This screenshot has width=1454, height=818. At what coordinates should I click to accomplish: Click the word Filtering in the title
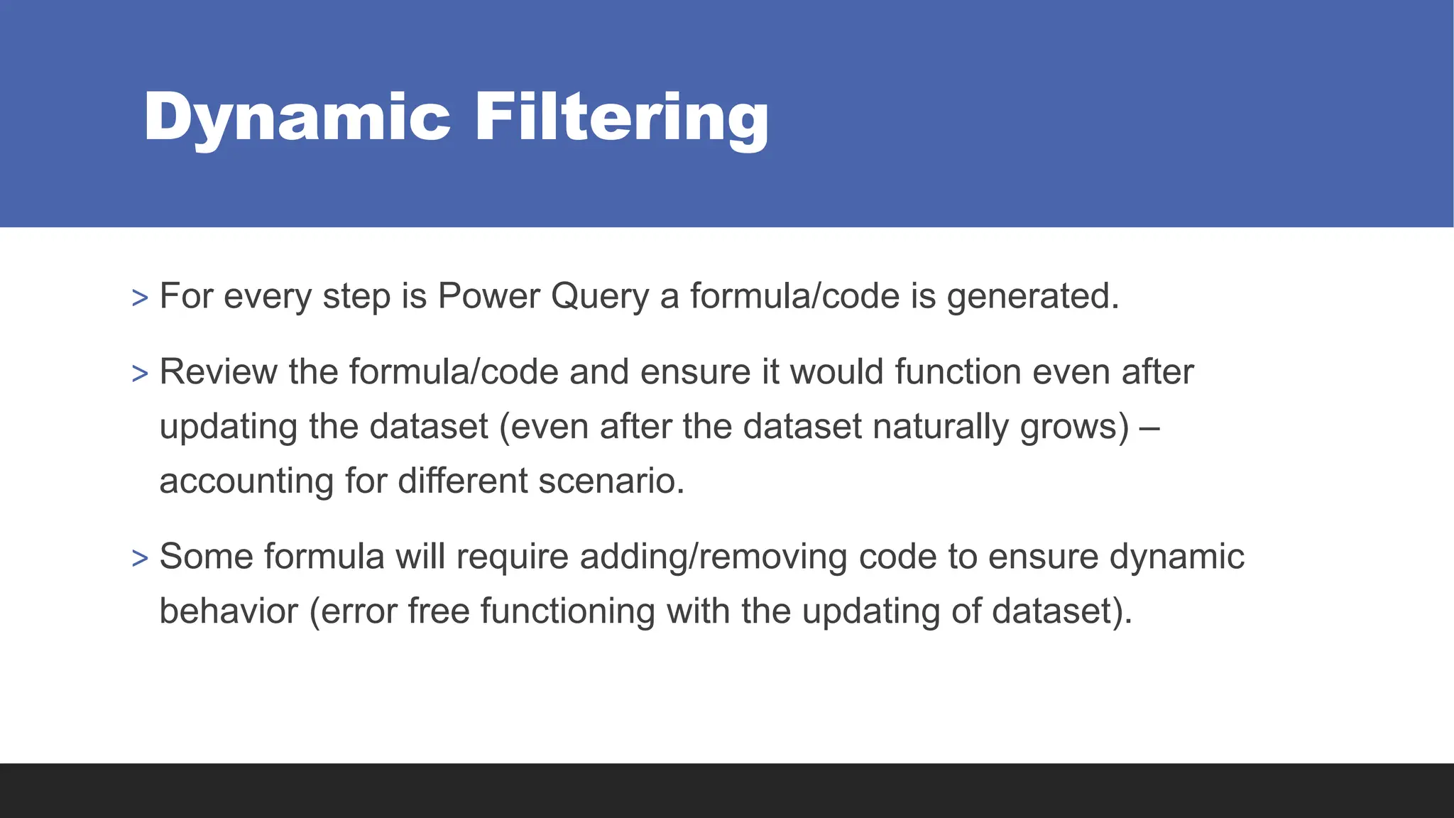pos(621,117)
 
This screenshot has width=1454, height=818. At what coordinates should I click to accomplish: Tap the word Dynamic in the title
pos(297,117)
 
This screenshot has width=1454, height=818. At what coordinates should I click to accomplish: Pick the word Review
pos(219,372)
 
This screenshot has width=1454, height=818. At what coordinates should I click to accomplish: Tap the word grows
pos(1073,427)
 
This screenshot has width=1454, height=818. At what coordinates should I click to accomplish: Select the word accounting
pos(246,481)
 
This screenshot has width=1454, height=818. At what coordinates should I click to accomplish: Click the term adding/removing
pos(714,556)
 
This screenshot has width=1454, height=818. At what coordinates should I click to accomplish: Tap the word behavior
pos(229,611)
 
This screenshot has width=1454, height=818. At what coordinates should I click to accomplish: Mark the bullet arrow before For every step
pos(140,298)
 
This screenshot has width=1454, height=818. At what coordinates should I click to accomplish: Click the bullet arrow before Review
pos(140,374)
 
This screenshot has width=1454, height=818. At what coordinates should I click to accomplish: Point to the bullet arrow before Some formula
pos(140,558)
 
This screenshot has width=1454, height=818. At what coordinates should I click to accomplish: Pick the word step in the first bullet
pos(356,296)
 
